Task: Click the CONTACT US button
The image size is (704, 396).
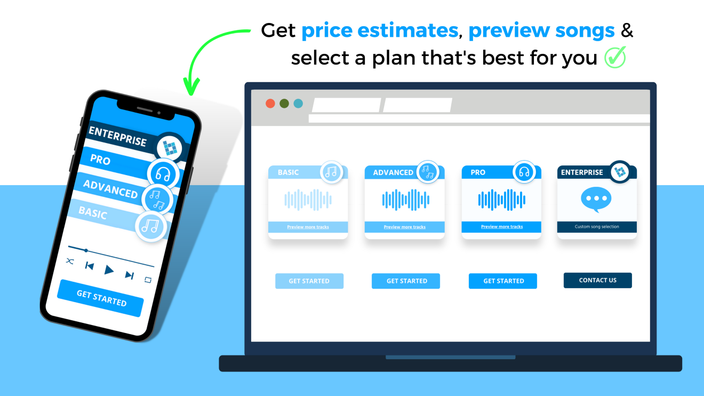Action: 597,280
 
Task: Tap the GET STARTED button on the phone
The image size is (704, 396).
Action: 101,298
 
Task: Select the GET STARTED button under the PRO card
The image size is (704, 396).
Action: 503,281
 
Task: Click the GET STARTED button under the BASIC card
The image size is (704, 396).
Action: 309,281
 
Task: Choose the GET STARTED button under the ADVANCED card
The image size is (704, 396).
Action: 406,281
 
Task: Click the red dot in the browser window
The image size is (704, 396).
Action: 270,104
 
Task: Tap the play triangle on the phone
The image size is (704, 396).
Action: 109,270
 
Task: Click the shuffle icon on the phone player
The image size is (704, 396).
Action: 70,261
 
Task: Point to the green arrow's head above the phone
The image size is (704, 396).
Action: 191,88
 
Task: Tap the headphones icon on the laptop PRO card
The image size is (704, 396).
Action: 524,172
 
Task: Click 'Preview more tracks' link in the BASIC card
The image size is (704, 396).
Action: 308,227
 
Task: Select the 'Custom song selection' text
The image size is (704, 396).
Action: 597,227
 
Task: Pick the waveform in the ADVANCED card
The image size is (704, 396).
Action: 405,200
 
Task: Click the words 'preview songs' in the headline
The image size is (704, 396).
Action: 541,31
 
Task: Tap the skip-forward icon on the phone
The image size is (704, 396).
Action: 129,275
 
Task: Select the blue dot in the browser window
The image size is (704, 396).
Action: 298,104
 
